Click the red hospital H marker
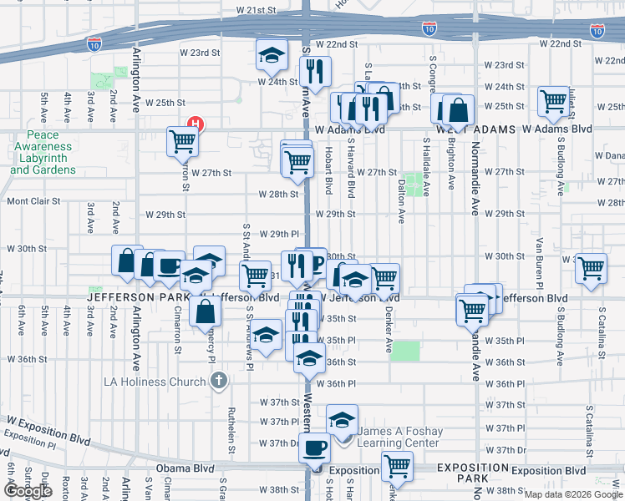tap(196, 125)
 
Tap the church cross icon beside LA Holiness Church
tap(218, 382)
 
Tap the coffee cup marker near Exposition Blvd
tap(315, 448)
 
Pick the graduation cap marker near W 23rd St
tap(271, 56)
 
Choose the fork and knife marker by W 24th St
tap(315, 72)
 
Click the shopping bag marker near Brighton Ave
tap(459, 109)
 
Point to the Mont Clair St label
tap(34, 200)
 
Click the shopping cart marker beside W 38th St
tap(397, 466)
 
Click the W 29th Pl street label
tap(278, 234)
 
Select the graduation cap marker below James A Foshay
tap(341, 420)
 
